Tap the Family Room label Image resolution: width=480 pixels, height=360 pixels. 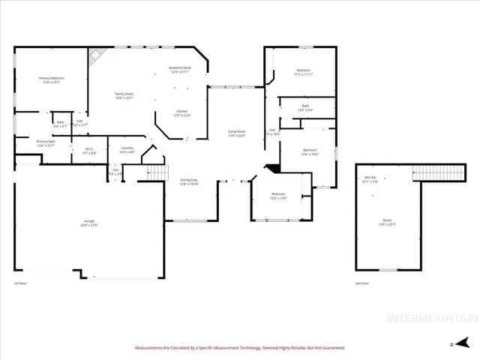[124, 95]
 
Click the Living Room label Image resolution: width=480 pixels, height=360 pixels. [237, 133]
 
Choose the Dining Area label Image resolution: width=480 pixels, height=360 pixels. [189, 181]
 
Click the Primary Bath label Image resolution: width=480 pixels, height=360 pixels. [46, 143]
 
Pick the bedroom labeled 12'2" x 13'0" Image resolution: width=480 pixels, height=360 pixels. [278, 196]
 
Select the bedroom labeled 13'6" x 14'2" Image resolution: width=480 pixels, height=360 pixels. [310, 152]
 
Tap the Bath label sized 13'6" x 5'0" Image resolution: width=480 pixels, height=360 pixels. [305, 108]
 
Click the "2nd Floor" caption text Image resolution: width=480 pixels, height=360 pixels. [361, 283]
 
